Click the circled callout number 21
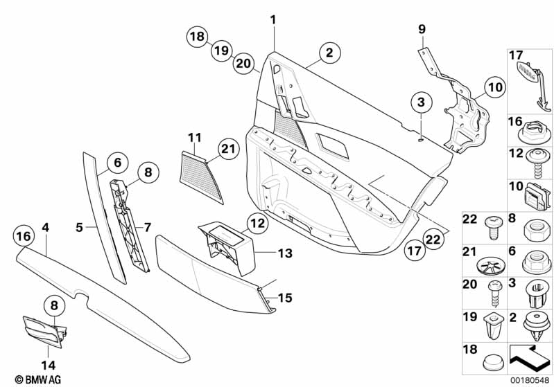tap(228, 150)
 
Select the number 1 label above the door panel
tap(273, 20)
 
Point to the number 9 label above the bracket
tap(422, 29)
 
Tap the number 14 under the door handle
tap(48, 365)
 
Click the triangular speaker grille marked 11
tap(200, 177)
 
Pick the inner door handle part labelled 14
tap(44, 330)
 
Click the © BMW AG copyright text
tap(38, 379)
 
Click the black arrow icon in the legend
tap(528, 358)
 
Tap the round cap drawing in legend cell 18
tap(492, 361)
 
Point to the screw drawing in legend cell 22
tap(493, 228)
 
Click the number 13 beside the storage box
tap(285, 253)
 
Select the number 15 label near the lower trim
tap(285, 298)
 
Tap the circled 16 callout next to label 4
tap(24, 236)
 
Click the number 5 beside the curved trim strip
tap(80, 228)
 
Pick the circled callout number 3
tap(421, 102)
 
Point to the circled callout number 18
tap(197, 36)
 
